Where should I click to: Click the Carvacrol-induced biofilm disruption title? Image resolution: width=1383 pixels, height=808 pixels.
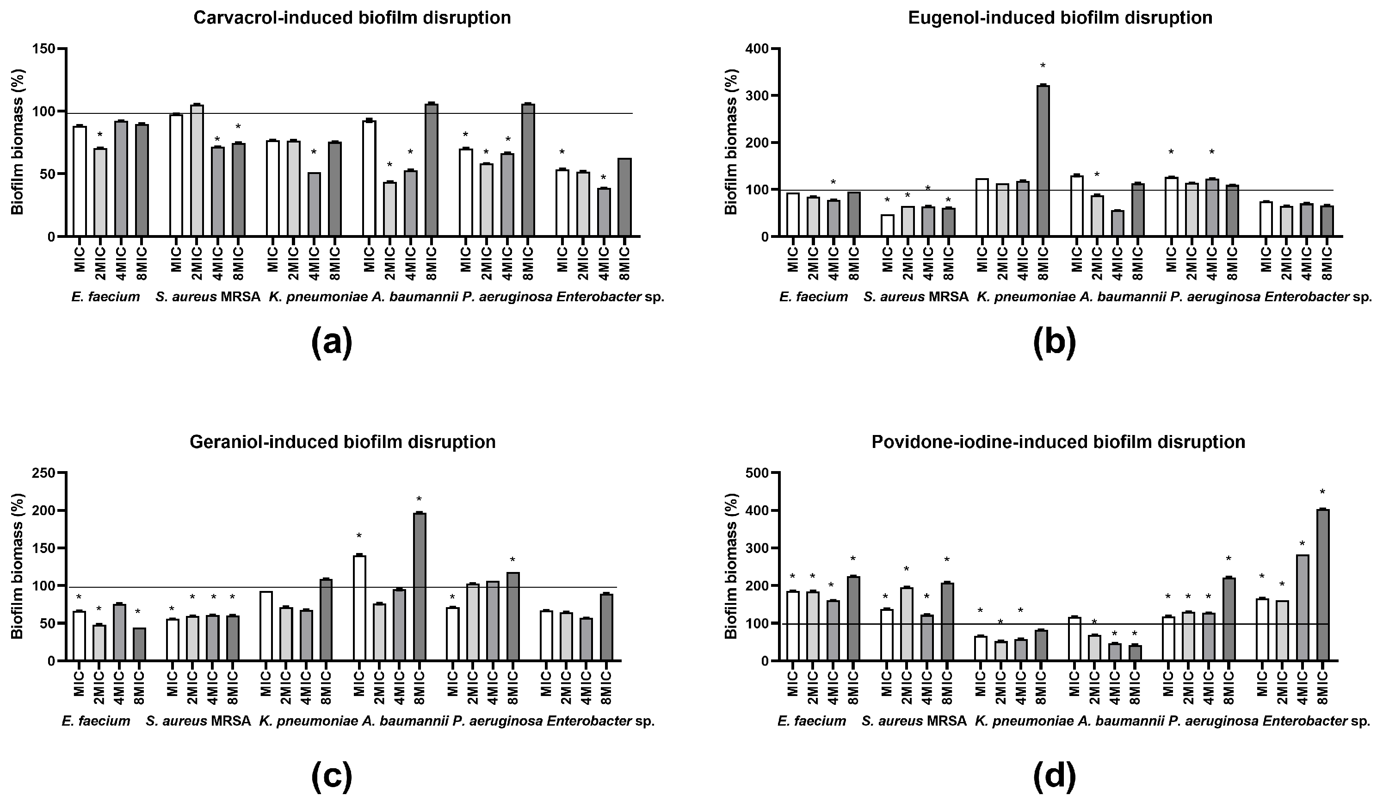point(352,18)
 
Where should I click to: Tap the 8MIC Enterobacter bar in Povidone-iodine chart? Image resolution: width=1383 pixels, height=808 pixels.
point(1322,585)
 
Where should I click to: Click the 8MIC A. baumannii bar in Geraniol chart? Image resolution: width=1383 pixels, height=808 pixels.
point(419,587)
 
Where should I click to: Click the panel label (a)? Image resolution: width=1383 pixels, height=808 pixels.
point(332,342)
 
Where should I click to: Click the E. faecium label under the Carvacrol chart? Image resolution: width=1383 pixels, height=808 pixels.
point(105,298)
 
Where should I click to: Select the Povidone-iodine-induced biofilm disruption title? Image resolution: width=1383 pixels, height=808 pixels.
point(1058,442)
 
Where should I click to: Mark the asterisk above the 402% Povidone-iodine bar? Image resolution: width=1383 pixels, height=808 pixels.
point(1322,492)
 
